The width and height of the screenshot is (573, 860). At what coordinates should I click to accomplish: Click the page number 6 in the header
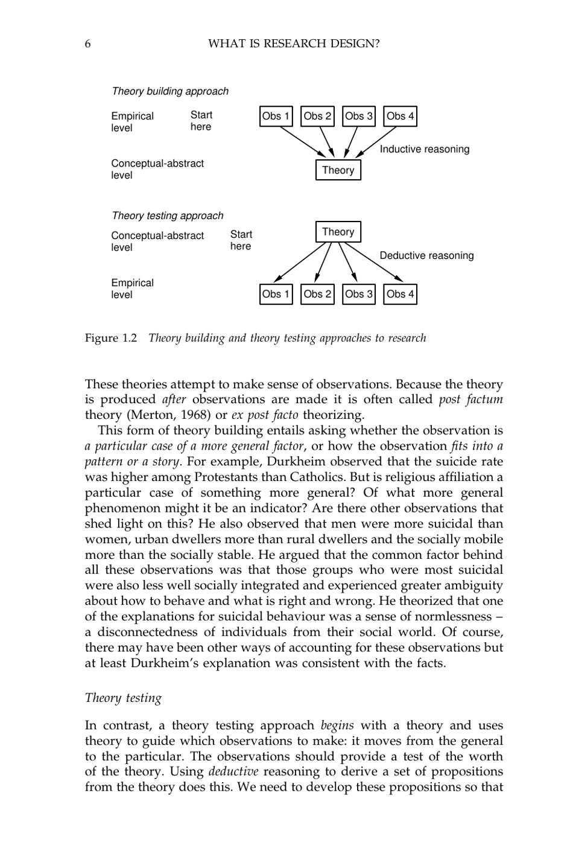[88, 43]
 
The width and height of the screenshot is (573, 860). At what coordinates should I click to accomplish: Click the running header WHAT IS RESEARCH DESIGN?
[294, 43]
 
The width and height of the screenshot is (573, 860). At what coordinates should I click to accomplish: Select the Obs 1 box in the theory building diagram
[276, 116]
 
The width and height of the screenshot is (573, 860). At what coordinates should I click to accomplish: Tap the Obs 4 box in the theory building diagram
[400, 116]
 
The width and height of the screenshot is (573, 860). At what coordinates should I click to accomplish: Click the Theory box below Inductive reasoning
[338, 170]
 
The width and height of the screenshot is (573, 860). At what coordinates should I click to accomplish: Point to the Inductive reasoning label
[424, 149]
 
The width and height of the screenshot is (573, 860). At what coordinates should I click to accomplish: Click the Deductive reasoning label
[426, 255]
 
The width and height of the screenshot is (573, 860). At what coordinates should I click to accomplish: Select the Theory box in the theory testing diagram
[338, 232]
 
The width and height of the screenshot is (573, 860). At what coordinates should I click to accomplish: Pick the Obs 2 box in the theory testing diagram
[317, 295]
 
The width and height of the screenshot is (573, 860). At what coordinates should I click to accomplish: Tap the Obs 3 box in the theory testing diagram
[358, 295]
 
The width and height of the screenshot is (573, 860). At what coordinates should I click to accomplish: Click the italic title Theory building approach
[170, 91]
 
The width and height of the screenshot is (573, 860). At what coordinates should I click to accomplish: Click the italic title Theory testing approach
[167, 215]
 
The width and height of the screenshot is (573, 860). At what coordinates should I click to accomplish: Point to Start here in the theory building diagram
[201, 121]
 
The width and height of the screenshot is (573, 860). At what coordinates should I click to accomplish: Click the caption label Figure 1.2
[111, 338]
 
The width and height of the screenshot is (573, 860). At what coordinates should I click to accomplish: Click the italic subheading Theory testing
[123, 698]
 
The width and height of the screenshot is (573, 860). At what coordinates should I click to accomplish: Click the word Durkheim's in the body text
[166, 663]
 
